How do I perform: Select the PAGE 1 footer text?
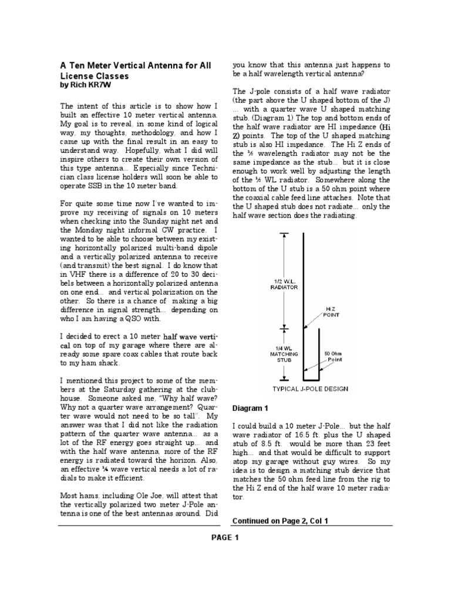coord(225,537)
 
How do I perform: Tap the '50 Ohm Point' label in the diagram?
coord(334,356)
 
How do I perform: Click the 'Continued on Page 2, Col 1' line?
coord(280,520)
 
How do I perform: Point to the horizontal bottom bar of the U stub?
coord(310,379)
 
